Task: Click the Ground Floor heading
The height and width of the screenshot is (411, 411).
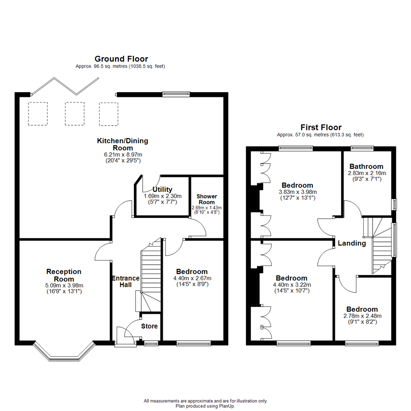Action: pos(121,59)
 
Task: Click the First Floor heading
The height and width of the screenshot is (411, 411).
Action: pos(321,127)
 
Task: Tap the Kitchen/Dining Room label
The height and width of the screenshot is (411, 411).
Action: pos(123,144)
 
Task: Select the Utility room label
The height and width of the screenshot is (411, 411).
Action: pos(162,190)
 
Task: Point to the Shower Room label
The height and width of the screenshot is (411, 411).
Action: pos(207,199)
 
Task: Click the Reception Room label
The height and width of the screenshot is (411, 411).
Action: pos(64,275)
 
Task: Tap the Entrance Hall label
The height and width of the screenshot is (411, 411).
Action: pos(126,281)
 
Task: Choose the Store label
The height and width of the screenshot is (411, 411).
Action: pos(149,326)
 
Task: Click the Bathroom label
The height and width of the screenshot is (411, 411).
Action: pos(366,167)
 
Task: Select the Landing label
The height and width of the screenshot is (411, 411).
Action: pos(352,243)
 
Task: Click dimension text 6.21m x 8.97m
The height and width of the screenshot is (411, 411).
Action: pos(123,155)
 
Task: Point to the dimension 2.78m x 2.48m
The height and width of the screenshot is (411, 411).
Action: pos(362,316)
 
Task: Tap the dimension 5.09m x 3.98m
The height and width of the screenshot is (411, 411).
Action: pos(64,285)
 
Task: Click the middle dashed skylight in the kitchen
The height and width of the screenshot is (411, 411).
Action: pos(74,113)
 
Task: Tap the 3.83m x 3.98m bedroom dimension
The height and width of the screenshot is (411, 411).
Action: pos(298,192)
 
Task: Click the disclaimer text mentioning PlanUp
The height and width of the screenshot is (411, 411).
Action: pos(205,406)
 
